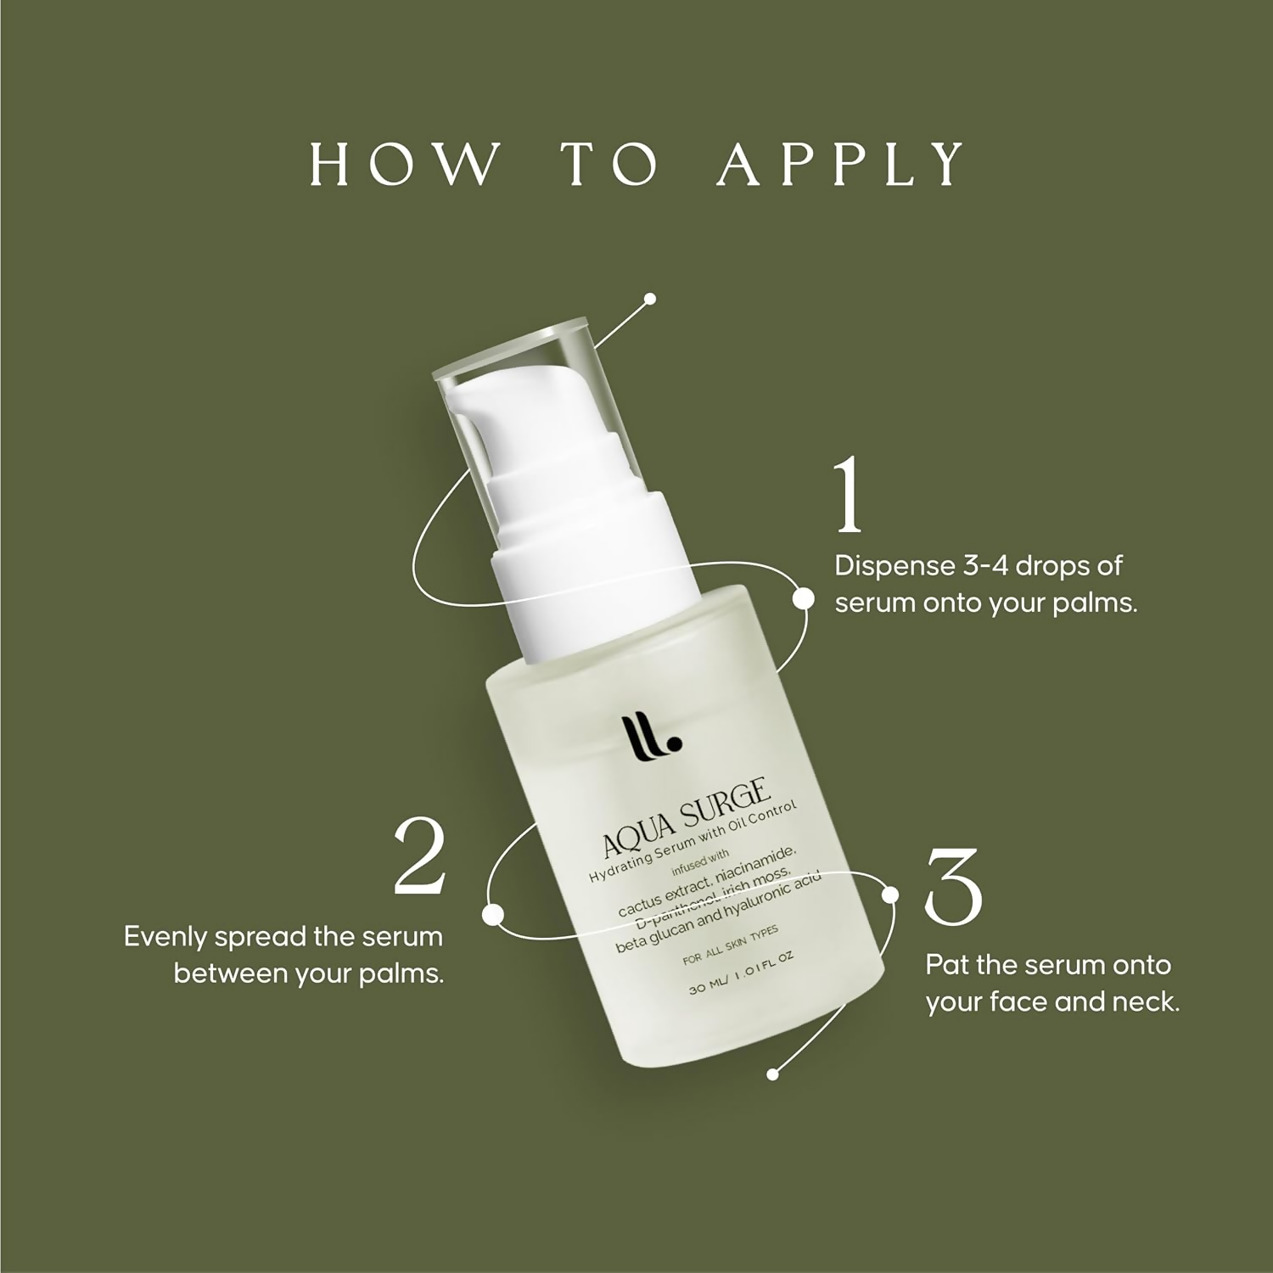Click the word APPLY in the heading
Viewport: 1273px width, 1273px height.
click(841, 164)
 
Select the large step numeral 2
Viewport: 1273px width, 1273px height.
click(420, 855)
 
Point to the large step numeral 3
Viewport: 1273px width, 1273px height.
click(953, 885)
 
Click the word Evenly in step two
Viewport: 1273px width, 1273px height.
click(165, 938)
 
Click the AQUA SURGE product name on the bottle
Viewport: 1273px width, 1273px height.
click(686, 818)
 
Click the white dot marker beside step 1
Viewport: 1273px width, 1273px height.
click(802, 598)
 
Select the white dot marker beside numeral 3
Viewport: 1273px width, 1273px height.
click(890, 894)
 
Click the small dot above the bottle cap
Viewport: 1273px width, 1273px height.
click(650, 299)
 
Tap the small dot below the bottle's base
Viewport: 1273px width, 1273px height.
click(772, 1074)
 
